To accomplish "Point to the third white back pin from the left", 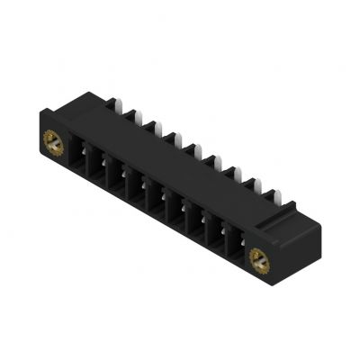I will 149,126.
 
